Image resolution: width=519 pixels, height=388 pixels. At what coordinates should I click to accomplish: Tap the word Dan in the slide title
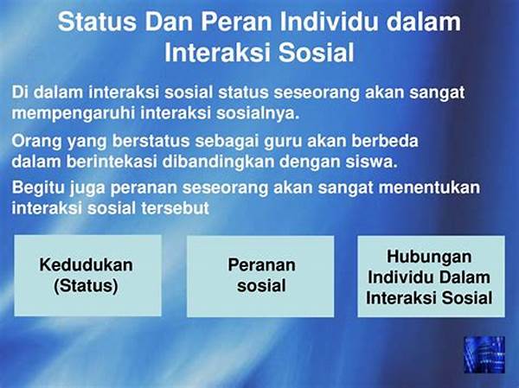coord(169,22)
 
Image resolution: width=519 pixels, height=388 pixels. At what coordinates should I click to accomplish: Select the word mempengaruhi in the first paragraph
coord(73,114)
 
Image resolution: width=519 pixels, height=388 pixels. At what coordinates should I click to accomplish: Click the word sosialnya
coord(258,113)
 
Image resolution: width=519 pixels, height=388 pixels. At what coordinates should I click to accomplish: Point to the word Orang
coord(36,142)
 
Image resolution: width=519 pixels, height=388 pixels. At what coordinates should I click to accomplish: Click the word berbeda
coord(385,141)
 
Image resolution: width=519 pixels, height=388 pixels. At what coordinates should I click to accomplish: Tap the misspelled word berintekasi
coord(112,162)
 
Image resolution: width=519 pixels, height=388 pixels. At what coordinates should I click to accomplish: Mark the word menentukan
coord(429,188)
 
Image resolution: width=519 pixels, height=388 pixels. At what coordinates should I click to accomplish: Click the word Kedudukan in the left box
coord(86,265)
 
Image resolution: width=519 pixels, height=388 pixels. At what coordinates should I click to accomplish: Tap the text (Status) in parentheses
coord(86,286)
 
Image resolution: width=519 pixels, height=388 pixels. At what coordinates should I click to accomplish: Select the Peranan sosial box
coord(260,277)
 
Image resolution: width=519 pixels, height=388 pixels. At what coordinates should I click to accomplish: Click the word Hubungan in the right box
coord(429,257)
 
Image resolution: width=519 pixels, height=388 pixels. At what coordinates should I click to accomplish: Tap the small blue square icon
coord(484,354)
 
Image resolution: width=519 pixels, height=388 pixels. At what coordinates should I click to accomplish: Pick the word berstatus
coord(151,141)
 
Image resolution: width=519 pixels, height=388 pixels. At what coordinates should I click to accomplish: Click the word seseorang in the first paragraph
coord(317,93)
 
